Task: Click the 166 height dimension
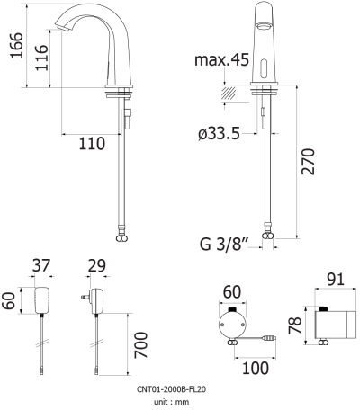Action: (x=17, y=45)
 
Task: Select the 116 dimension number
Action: (x=41, y=58)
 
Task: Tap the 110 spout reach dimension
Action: (x=92, y=143)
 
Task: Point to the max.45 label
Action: (x=221, y=59)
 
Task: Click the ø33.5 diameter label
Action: (x=219, y=133)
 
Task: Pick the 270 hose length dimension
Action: (x=309, y=161)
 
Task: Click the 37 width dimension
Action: (x=41, y=265)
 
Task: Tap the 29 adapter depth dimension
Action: (x=96, y=265)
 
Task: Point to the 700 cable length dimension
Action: (x=141, y=344)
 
